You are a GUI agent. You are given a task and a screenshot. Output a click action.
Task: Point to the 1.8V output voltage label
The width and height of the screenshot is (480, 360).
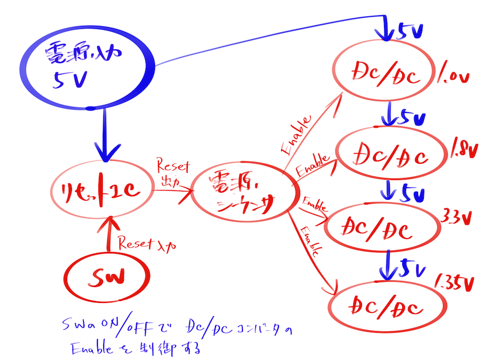coord(464,150)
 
